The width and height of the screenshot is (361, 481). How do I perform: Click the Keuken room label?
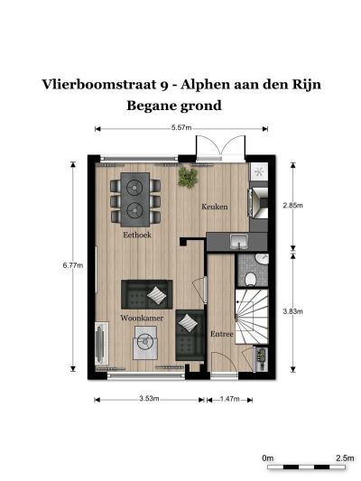click(x=215, y=207)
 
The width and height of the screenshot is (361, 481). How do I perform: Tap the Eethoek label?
click(x=137, y=235)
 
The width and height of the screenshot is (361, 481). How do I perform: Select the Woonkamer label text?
click(x=142, y=318)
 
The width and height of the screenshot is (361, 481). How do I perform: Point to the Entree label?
click(x=222, y=334)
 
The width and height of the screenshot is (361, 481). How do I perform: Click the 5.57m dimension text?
click(x=181, y=127)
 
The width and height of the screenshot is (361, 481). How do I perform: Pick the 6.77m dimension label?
click(x=73, y=265)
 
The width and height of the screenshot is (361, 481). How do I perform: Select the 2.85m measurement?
click(x=293, y=205)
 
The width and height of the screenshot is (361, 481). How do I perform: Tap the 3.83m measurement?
click(x=293, y=311)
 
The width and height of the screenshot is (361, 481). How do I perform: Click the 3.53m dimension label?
click(x=150, y=399)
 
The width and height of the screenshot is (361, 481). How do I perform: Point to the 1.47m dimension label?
click(x=230, y=399)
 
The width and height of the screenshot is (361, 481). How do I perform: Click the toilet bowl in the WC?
click(x=251, y=279)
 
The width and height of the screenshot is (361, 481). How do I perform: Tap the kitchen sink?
click(x=239, y=241)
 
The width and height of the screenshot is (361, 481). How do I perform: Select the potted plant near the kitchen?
click(x=188, y=177)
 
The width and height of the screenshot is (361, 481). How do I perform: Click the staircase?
click(x=252, y=316)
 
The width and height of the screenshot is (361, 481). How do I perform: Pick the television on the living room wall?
click(x=100, y=344)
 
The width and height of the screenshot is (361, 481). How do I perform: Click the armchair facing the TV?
click(x=145, y=342)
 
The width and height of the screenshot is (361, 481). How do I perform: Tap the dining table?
click(x=135, y=199)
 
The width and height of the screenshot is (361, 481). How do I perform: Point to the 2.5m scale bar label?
click(x=345, y=458)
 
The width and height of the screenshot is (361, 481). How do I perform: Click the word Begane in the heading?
click(x=151, y=106)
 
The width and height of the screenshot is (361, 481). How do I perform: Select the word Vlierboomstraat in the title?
click(x=99, y=84)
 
